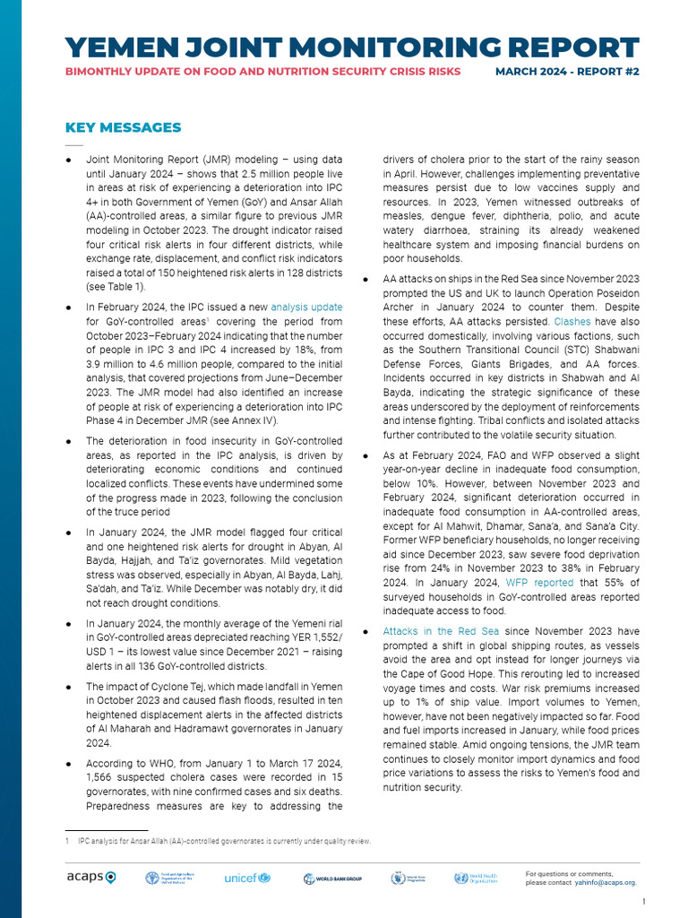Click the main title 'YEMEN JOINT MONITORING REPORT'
pos(352,48)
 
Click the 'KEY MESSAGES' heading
pos(123,127)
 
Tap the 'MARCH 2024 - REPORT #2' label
pos(567,72)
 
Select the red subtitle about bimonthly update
pos(263,72)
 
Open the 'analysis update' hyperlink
pos(306,307)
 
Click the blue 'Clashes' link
pos(572,320)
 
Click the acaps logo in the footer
pos(90,878)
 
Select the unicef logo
pos(246,878)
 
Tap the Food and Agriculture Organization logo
pos(169,879)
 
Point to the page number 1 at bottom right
pos(644,901)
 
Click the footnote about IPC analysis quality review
pos(224,841)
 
